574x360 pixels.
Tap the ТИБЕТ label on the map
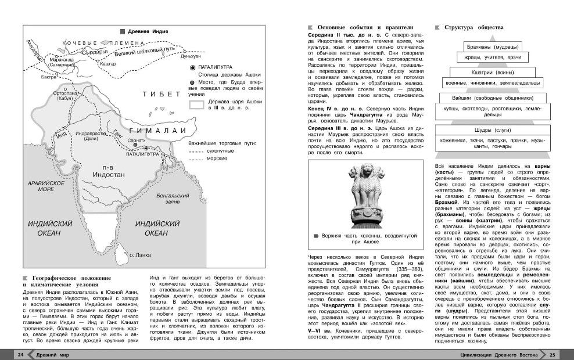click(x=157, y=94)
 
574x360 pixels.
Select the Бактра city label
click(x=49, y=77)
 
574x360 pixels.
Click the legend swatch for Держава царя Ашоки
click(x=198, y=105)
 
